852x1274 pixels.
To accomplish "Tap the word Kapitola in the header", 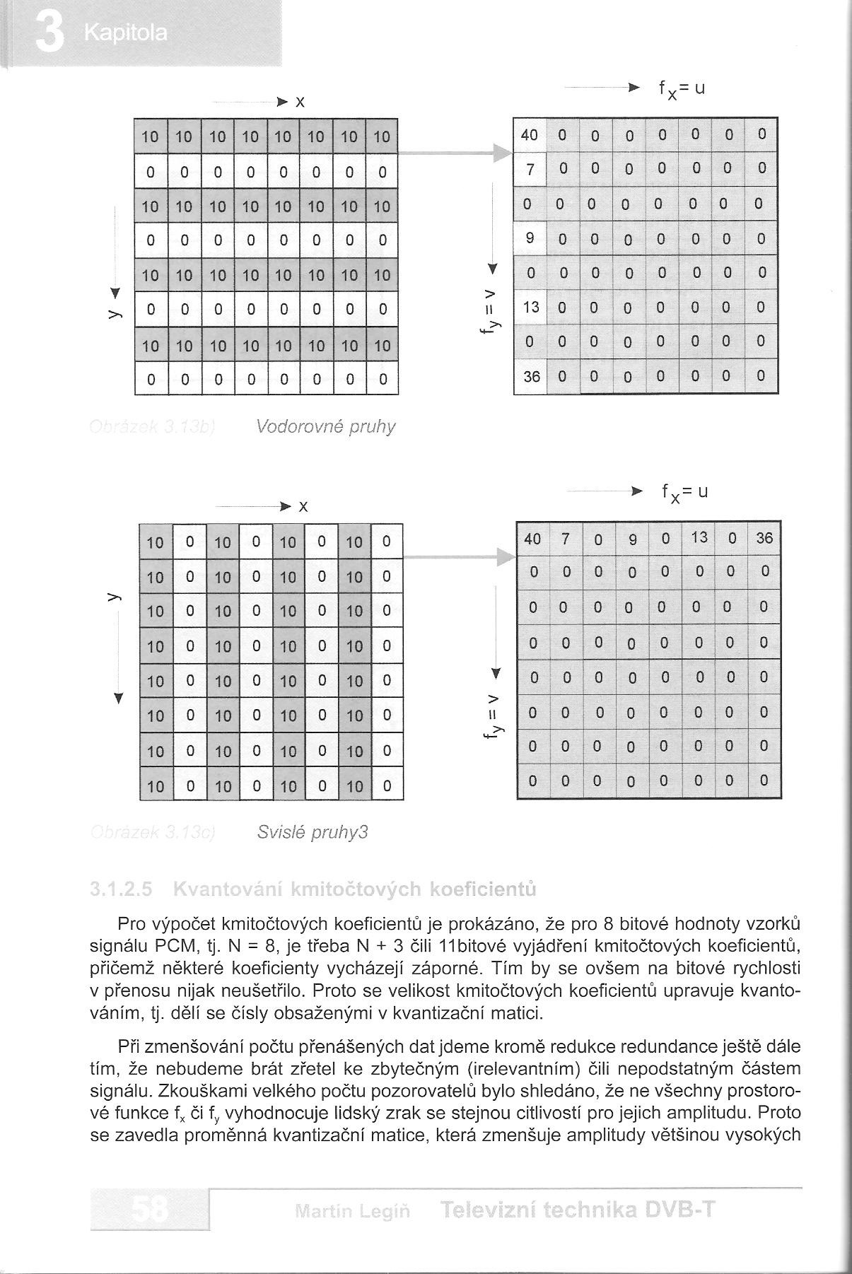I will pyautogui.click(x=125, y=33).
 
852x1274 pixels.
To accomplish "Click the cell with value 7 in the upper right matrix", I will pyautogui.click(x=530, y=168).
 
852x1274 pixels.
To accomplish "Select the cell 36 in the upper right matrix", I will pyautogui.click(x=531, y=377).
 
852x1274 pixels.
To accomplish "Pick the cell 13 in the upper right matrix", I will pyautogui.click(x=531, y=307).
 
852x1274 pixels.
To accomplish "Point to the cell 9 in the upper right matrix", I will pyautogui.click(x=530, y=238).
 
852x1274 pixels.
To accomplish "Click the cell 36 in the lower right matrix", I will pyautogui.click(x=764, y=538).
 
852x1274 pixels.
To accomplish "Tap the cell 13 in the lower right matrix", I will pyautogui.click(x=699, y=537).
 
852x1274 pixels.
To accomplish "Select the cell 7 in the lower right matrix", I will pyautogui.click(x=565, y=539).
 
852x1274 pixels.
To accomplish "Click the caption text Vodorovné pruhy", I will pyautogui.click(x=325, y=427).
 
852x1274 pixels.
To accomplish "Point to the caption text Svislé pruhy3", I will pyautogui.click(x=313, y=832).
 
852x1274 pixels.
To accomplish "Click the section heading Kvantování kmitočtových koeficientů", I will pyautogui.click(x=354, y=889).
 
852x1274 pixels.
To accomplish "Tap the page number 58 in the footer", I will pyautogui.click(x=151, y=1212).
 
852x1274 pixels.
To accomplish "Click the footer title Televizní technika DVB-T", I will pyautogui.click(x=578, y=1210).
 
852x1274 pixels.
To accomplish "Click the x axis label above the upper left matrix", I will pyautogui.click(x=300, y=103).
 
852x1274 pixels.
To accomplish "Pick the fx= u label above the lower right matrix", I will pyautogui.click(x=684, y=492).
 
